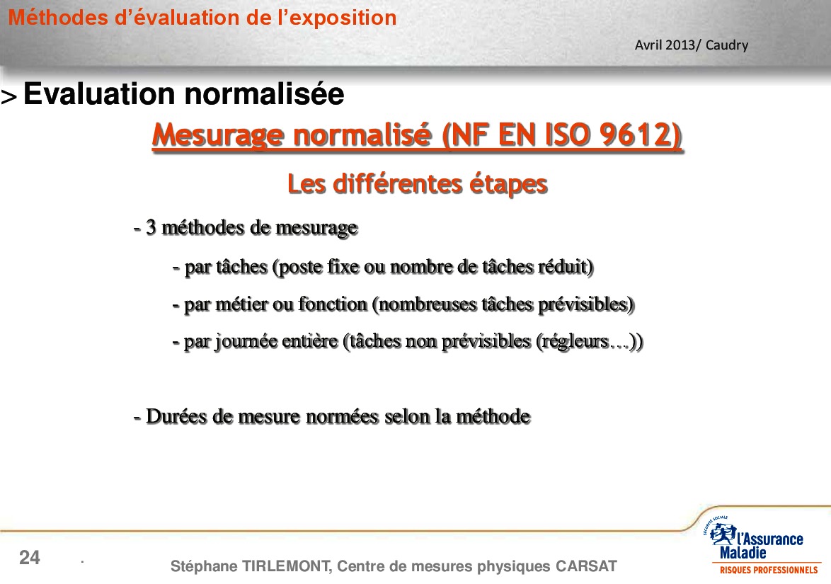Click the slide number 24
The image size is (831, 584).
point(30,558)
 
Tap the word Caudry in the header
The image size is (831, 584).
point(727,45)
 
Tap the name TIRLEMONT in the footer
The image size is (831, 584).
point(287,566)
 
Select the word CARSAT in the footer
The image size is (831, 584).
point(586,566)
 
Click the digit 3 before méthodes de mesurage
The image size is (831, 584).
point(151,227)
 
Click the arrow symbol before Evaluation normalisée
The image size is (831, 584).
point(9,97)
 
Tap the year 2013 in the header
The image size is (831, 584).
point(680,45)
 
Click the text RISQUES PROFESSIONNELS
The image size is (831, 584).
point(769,571)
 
